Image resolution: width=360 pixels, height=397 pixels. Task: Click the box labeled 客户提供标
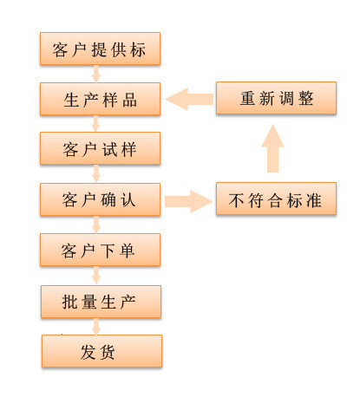(x=101, y=49)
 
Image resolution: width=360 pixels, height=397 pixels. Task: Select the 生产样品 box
(x=101, y=99)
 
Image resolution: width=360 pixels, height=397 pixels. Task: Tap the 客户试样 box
(x=101, y=149)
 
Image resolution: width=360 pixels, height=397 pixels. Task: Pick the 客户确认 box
(x=101, y=199)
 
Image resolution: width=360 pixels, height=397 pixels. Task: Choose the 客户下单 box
(x=101, y=251)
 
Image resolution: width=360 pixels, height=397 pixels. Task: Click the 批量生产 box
(x=101, y=301)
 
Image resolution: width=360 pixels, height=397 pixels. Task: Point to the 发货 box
(x=102, y=351)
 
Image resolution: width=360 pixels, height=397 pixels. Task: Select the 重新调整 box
(x=276, y=98)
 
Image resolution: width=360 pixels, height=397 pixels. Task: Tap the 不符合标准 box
(x=276, y=201)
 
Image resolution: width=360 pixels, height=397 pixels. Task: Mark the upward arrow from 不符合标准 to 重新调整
(x=273, y=149)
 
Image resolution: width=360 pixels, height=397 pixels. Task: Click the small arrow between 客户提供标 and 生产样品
(x=96, y=74)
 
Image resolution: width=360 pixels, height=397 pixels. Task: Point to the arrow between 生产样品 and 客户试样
(x=96, y=124)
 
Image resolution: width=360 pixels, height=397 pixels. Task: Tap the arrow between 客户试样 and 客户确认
(x=96, y=174)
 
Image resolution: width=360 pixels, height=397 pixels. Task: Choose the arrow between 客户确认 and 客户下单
(x=96, y=225)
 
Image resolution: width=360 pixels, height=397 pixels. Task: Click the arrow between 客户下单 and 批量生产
(x=96, y=276)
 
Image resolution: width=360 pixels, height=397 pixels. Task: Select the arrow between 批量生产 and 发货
(x=96, y=326)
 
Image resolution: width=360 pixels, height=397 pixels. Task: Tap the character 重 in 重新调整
(x=249, y=99)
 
